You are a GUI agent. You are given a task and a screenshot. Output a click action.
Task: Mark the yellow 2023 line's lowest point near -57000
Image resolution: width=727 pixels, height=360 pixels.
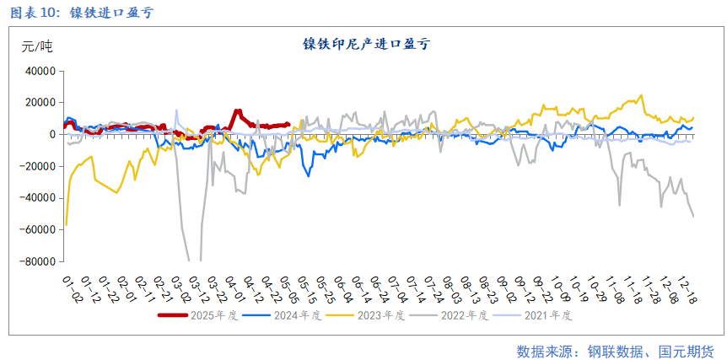[x=66, y=224]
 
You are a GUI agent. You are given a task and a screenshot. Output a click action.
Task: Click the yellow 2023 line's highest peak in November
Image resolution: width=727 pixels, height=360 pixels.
[x=641, y=95]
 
